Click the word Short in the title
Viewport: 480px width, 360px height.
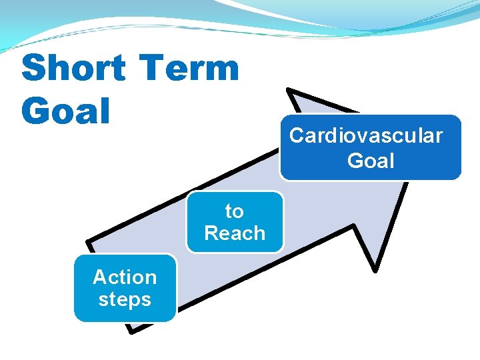pyautogui.click(x=73, y=69)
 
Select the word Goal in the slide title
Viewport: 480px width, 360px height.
pyautogui.click(x=65, y=111)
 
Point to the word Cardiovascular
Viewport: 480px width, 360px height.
pyautogui.click(x=365, y=135)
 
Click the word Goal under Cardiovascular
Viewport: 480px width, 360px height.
pyautogui.click(x=371, y=161)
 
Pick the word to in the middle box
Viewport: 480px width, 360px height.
pyautogui.click(x=234, y=211)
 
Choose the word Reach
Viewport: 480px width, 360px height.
pyautogui.click(x=235, y=233)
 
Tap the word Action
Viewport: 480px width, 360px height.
pyautogui.click(x=125, y=277)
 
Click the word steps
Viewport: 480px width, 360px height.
pyautogui.click(x=125, y=299)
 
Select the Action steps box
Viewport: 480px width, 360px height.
pyautogui.click(x=125, y=288)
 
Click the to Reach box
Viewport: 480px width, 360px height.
pyautogui.click(x=235, y=222)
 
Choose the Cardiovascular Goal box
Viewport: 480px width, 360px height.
pyautogui.click(x=371, y=148)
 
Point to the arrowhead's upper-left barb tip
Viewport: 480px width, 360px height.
pyautogui.click(x=291, y=91)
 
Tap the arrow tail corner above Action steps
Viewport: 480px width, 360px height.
pyautogui.click(x=89, y=240)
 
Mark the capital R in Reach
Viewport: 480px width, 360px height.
pyautogui.click(x=211, y=233)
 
